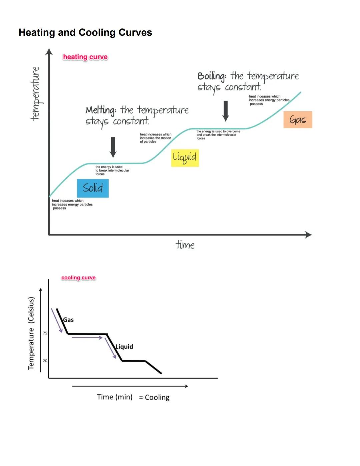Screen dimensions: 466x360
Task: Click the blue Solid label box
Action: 93,188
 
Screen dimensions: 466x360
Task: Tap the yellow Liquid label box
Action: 185,157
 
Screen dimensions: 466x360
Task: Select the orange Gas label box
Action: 298,120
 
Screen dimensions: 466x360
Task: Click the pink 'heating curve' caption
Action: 85,57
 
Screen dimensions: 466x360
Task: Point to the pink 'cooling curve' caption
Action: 78,278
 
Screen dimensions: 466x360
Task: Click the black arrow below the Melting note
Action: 113,147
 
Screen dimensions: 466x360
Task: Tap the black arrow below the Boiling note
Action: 226,111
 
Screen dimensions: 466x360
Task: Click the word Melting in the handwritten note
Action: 101,110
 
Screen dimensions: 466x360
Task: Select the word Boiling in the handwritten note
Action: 212,76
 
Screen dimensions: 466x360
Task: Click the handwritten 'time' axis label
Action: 185,245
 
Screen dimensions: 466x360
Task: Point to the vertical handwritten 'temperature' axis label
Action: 35,93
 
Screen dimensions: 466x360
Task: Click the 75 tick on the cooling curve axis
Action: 45,333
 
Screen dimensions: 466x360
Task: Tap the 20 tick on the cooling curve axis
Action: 45,361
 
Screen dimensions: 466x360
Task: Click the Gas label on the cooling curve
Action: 68,320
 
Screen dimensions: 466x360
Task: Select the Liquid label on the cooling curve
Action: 124,347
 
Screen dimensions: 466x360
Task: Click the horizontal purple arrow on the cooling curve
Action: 87,338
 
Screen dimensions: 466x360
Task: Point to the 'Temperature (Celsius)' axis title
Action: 31,333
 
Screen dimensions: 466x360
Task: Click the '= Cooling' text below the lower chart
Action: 154,397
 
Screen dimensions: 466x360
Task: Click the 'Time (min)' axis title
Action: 115,397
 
